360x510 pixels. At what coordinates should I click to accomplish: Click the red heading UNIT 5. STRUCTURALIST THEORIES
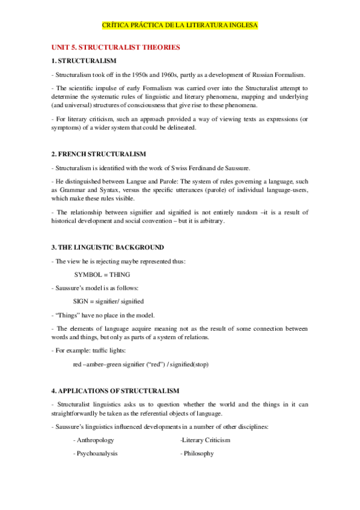tap(115, 47)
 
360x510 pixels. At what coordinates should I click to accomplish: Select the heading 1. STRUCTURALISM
tap(84, 61)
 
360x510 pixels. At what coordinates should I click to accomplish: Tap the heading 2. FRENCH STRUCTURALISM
tap(99, 155)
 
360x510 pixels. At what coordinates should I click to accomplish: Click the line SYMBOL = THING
tap(101, 274)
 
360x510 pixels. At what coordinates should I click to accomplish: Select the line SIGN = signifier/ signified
tap(108, 301)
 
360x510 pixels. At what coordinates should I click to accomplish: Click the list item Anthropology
tap(94, 440)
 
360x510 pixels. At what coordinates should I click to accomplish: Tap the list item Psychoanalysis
tap(96, 453)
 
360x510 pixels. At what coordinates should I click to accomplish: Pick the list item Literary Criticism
tap(206, 440)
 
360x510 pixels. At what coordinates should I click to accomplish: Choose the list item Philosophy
tap(197, 453)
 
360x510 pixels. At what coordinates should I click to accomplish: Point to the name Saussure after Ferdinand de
tap(234, 168)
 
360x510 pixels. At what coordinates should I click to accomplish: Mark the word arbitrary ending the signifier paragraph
tap(210, 221)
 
